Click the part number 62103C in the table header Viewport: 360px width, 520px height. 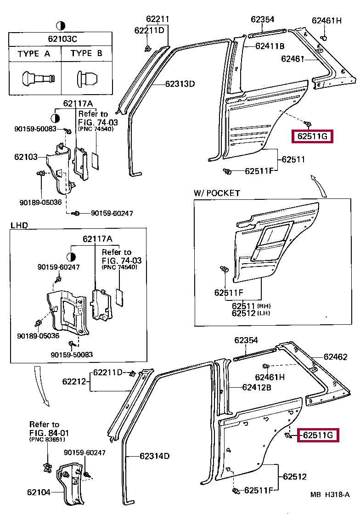(61, 39)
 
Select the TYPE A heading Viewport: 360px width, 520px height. (34, 54)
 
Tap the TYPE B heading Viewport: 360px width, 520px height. (87, 54)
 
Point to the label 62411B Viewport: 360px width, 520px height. (270, 46)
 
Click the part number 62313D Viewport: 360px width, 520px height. (180, 84)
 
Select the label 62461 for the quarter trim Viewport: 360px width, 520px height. (292, 59)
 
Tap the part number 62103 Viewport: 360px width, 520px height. (26, 157)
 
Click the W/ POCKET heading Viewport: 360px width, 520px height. (217, 193)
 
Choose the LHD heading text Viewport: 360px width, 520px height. (19, 226)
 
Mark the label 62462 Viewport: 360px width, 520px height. (335, 357)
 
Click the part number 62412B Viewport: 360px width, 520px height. (257, 387)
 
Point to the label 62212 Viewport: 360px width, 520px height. (74, 381)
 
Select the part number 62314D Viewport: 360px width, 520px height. (155, 456)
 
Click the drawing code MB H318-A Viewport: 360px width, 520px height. (330, 495)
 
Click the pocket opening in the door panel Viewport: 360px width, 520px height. (273, 237)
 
